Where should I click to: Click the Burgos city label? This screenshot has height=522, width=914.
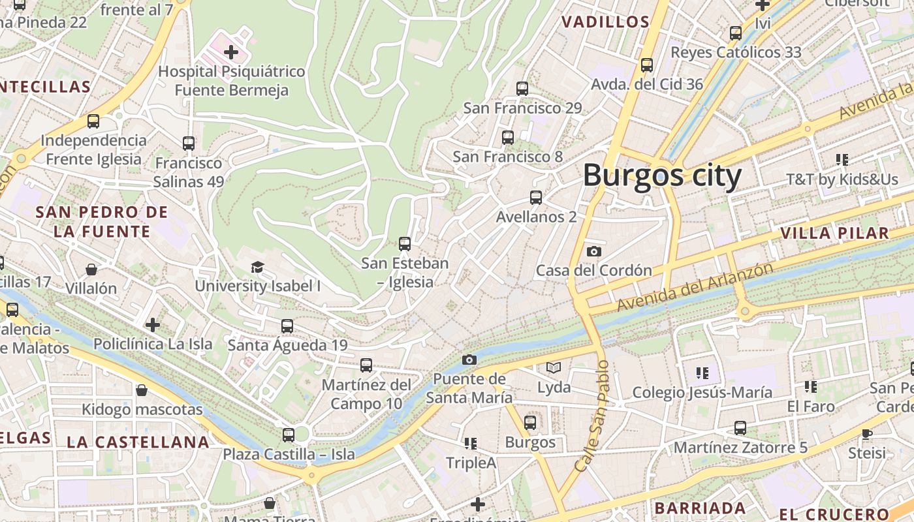[x=662, y=176]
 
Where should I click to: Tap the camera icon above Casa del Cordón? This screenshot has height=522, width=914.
[x=593, y=251]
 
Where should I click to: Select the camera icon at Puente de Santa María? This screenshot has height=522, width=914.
[x=469, y=360]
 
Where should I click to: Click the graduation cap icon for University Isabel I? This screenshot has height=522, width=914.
[x=257, y=267]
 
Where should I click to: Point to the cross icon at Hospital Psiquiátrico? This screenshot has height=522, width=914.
[x=231, y=52]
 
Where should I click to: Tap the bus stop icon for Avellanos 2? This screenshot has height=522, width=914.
[x=536, y=197]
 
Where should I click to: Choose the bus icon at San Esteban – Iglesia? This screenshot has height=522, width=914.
[x=405, y=244]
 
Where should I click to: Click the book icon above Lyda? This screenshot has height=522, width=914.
[x=554, y=368]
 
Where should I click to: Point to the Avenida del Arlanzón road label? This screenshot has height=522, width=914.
[x=695, y=287]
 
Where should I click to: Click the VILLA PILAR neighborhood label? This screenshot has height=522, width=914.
[x=834, y=234]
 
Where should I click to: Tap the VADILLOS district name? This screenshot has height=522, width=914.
[x=605, y=22]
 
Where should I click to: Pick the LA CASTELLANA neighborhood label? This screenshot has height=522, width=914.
[x=138, y=442]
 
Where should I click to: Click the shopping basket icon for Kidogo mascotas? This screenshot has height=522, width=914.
[x=142, y=390]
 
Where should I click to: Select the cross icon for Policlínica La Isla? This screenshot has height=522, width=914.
[x=153, y=324]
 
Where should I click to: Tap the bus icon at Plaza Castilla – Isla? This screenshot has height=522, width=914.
[x=289, y=435]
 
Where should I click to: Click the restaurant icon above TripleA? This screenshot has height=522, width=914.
[x=471, y=444]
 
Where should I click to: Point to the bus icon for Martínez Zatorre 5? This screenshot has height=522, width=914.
[x=740, y=428]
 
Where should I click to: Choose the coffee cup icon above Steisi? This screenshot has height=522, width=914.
[x=866, y=434]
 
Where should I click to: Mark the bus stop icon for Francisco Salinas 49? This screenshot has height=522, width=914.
[x=189, y=144]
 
